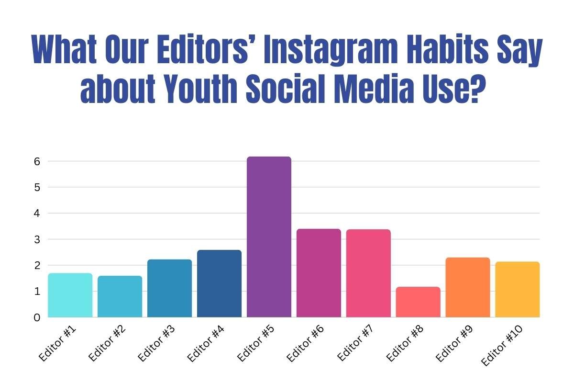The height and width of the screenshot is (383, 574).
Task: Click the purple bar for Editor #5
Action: (x=269, y=237)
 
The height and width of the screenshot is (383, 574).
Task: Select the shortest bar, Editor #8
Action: (x=418, y=302)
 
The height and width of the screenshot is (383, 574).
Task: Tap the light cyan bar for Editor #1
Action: (x=70, y=295)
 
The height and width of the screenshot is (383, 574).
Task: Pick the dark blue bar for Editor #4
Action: (x=219, y=283)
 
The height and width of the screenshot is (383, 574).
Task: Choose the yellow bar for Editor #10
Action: (x=517, y=289)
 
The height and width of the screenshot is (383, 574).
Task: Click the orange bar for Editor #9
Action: (x=468, y=287)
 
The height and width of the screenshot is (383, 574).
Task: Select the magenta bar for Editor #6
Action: (x=319, y=273)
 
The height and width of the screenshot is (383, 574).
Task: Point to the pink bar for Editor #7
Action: (x=368, y=273)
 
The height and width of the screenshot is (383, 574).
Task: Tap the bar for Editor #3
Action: (x=169, y=288)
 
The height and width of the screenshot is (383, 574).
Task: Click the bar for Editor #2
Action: (x=120, y=296)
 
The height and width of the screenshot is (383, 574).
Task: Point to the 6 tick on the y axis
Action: (x=36, y=162)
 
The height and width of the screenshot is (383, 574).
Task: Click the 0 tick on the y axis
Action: (x=36, y=317)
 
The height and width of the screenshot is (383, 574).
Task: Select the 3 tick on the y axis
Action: (x=36, y=239)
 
